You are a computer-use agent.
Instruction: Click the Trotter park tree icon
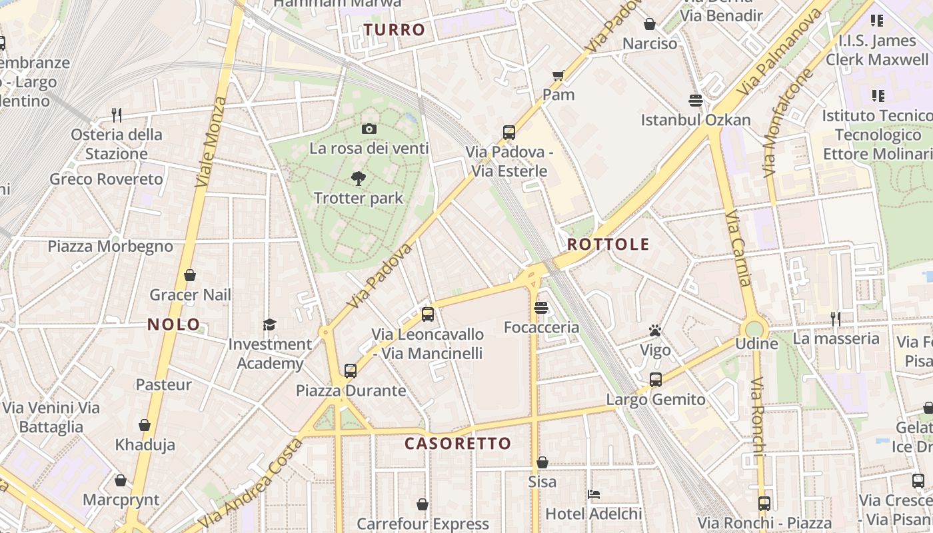click(x=359, y=179)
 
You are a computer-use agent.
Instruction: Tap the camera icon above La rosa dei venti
click(x=369, y=129)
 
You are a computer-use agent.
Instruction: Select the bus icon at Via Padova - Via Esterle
click(x=509, y=132)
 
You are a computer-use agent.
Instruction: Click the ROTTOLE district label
click(x=608, y=244)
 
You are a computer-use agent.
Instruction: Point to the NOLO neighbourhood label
click(x=173, y=324)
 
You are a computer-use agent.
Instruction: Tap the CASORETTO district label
click(x=458, y=443)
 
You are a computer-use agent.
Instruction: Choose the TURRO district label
click(x=395, y=29)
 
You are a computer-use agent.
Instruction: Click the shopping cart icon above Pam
click(x=558, y=75)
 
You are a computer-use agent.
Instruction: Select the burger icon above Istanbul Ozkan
click(x=696, y=101)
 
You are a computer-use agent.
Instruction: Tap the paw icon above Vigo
click(x=655, y=330)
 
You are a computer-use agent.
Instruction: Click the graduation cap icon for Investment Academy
click(x=269, y=324)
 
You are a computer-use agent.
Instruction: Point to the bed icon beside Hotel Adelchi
click(x=594, y=494)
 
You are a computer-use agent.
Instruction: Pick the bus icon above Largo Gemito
click(x=656, y=380)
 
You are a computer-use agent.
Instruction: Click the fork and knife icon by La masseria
click(x=836, y=319)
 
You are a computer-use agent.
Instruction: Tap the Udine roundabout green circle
click(x=754, y=329)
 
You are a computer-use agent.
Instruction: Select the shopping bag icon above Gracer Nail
click(x=190, y=275)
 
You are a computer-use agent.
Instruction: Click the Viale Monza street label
click(x=211, y=142)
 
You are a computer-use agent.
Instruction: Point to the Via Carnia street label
click(x=740, y=248)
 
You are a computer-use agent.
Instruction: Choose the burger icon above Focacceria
click(x=541, y=308)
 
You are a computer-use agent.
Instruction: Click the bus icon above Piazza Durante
click(x=351, y=371)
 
